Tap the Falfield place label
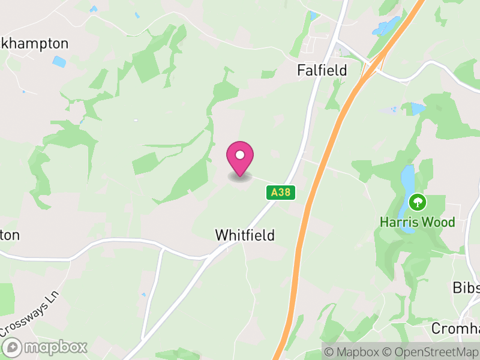click(322, 70)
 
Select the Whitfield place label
click(245, 236)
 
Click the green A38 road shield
click(280, 193)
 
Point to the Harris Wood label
click(417, 222)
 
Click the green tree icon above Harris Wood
click(416, 202)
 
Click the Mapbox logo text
click(54, 347)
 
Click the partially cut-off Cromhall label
click(456, 328)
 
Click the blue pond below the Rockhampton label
click(59, 61)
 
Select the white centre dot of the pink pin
click(240, 155)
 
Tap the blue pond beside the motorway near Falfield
click(386, 26)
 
